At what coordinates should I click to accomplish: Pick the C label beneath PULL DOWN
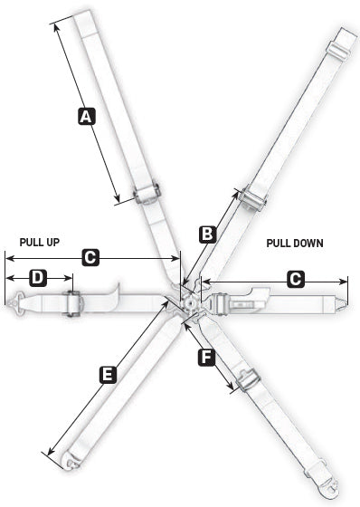pos(295,280)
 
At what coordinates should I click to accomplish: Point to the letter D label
pos(37,277)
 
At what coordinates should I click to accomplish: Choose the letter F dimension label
pos(205,358)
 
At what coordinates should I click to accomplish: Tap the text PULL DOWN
pos(294,244)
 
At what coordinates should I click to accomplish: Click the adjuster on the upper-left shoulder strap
pos(147,193)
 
